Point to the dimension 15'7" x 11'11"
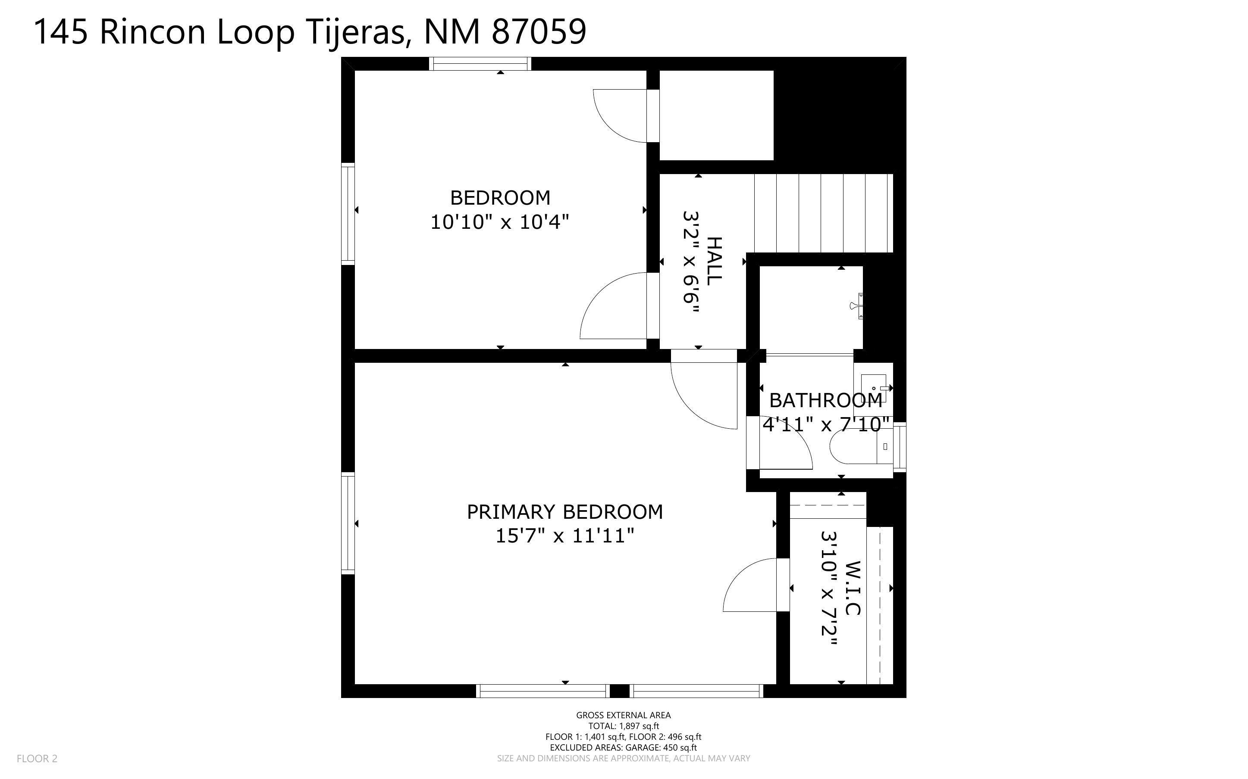[x=564, y=536]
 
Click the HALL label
[x=714, y=261]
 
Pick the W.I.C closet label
[x=853, y=588]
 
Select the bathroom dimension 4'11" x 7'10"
[x=826, y=424]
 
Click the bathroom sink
[x=874, y=387]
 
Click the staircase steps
[x=823, y=213]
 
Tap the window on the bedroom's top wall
[x=480, y=64]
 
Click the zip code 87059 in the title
[x=539, y=32]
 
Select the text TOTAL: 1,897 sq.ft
[x=623, y=726]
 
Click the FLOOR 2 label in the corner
[x=37, y=758]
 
